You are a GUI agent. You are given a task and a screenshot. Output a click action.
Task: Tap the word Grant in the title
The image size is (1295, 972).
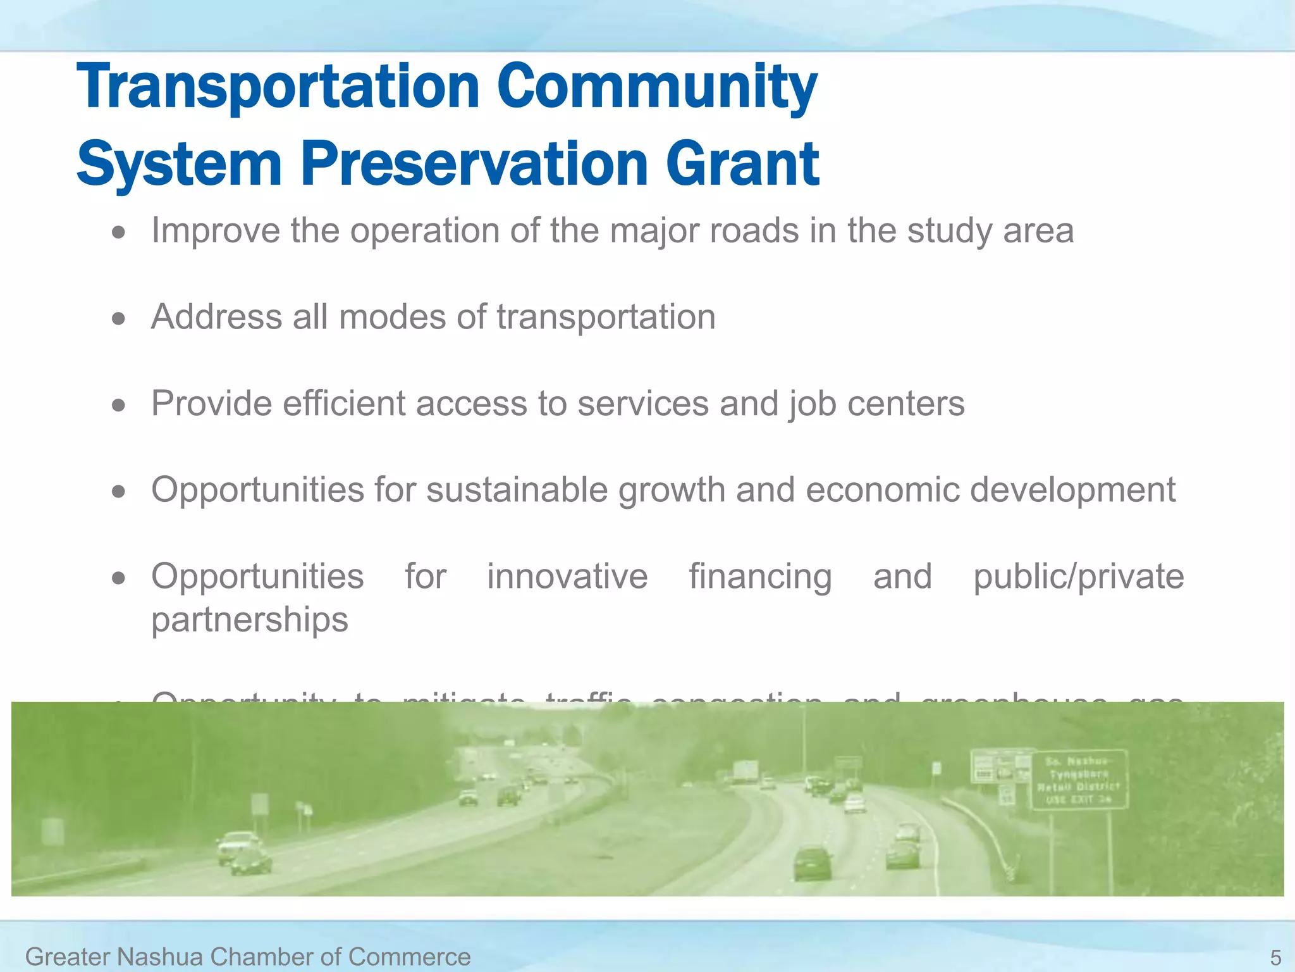point(742,165)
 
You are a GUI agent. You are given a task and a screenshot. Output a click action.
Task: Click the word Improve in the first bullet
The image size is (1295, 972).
point(215,230)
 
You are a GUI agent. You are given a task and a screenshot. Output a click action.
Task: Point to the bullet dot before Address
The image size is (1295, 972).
point(118,318)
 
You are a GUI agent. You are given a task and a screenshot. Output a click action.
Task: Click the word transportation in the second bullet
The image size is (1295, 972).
point(606,317)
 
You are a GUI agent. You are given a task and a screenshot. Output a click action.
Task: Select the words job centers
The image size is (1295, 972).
point(876,404)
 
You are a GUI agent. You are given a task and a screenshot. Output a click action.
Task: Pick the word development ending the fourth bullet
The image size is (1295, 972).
point(1072,490)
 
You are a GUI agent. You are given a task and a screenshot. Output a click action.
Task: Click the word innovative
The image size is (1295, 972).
point(567,576)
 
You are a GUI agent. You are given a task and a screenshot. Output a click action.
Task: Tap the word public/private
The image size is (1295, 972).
point(1078,576)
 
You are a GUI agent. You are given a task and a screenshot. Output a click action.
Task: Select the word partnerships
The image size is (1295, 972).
point(250,620)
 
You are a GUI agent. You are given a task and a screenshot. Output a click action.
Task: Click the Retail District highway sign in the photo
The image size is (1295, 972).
point(1079,780)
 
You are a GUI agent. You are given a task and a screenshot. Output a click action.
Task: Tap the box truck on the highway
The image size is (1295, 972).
point(745,771)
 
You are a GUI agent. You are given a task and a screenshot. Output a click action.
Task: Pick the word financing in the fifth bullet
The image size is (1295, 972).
point(760,576)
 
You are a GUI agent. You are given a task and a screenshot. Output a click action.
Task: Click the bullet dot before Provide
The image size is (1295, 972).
point(118,405)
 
